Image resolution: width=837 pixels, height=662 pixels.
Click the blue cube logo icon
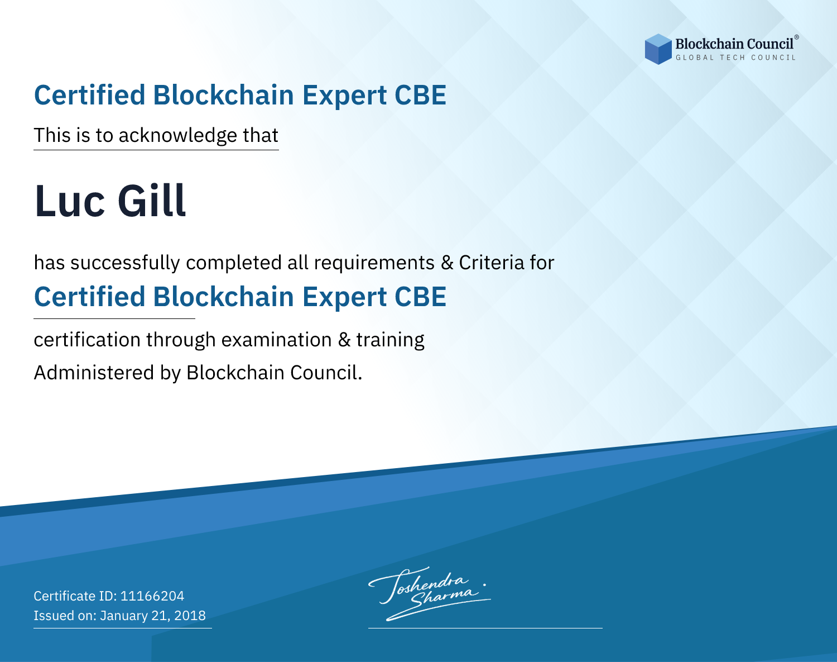[658, 49]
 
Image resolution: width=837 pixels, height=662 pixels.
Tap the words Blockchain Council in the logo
[734, 44]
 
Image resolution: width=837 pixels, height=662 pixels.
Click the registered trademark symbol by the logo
[797, 37]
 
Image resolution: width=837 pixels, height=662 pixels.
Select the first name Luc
[70, 201]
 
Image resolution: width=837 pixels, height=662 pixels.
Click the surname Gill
[152, 201]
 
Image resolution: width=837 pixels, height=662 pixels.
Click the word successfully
[125, 263]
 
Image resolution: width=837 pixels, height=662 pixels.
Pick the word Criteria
[491, 263]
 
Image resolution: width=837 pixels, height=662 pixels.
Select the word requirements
[374, 263]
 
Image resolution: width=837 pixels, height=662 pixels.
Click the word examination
[277, 340]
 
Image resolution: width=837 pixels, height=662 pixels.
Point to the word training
[391, 340]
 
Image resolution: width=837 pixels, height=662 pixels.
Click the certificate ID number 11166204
[152, 596]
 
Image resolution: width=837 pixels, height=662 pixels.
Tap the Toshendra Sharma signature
[430, 593]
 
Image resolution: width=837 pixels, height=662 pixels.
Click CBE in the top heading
[420, 95]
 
